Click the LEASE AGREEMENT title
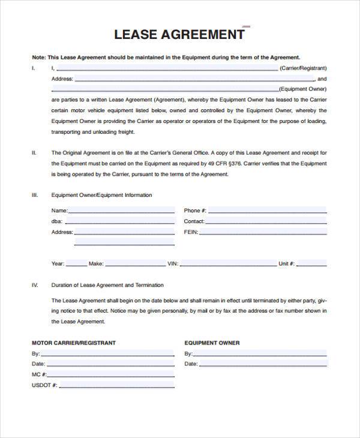[179, 34]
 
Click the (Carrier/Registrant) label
[303, 68]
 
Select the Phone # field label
[195, 211]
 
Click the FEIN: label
[191, 232]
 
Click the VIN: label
[173, 263]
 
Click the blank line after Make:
[135, 265]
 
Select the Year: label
[58, 263]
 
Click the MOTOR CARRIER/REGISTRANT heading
[73, 343]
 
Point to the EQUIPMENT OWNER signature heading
[212, 343]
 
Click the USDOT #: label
[44, 385]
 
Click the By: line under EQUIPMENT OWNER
[260, 355]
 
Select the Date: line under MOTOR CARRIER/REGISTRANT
[110, 365]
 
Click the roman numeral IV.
[34, 285]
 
